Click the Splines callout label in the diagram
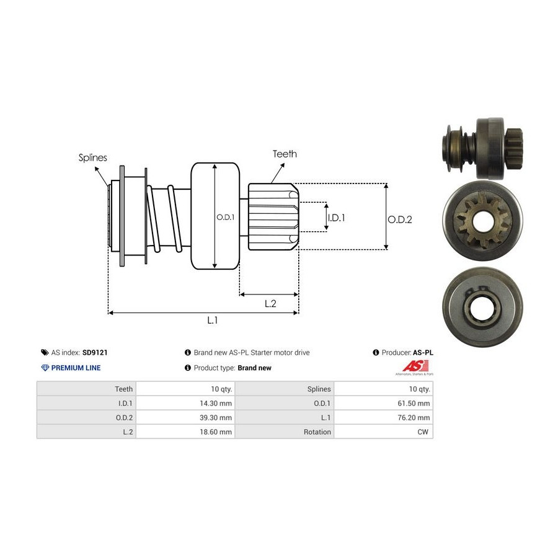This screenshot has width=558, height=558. point(92,157)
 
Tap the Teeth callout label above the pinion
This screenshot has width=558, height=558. point(285,154)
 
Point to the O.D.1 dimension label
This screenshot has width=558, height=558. point(224,217)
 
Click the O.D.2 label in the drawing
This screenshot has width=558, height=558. point(400,219)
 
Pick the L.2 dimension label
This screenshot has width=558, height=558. point(270,303)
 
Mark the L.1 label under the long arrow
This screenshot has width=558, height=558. point(212,320)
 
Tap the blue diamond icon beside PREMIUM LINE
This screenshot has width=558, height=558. point(45,368)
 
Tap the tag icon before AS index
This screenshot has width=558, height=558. point(44,353)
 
